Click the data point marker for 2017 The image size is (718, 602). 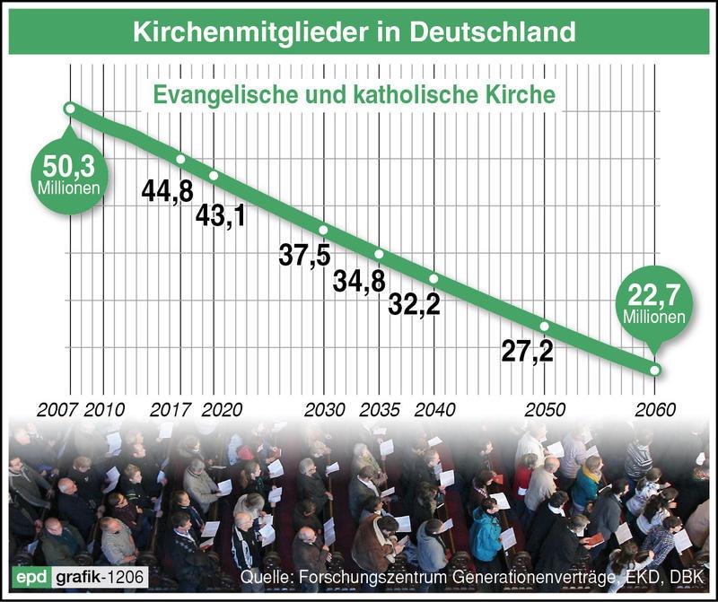click(181, 159)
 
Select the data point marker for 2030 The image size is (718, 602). click(323, 230)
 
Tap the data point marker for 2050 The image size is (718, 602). click(544, 326)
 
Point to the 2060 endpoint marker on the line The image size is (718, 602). click(655, 370)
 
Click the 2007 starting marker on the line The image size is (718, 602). click(70, 109)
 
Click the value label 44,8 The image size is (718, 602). click(167, 188)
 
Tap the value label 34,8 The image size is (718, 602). click(359, 281)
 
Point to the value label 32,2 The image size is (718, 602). click(414, 305)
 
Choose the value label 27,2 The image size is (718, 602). click(527, 351)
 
